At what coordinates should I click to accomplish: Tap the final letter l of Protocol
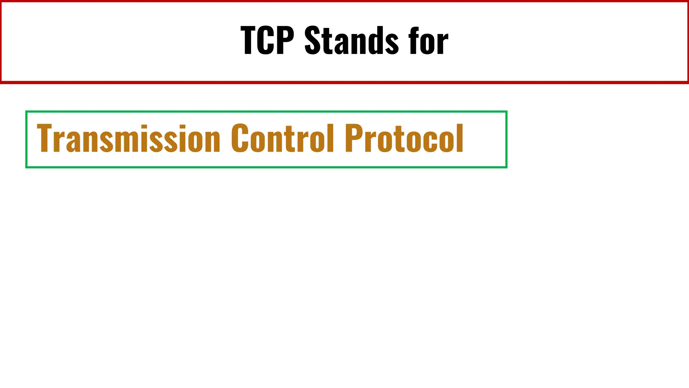pos(460,138)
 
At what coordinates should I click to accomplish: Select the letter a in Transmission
pos(72,141)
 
